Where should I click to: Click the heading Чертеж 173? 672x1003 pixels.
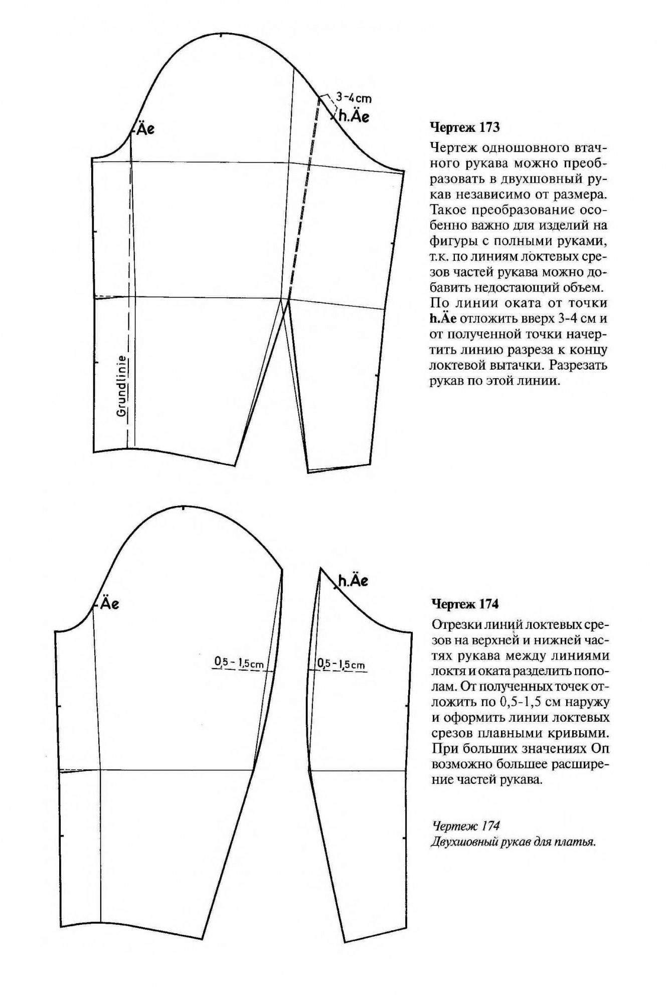[x=465, y=127]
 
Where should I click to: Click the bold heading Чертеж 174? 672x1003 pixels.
[x=465, y=604]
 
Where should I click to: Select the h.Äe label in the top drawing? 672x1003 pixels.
[x=354, y=117]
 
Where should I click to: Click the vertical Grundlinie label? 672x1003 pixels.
[x=121, y=386]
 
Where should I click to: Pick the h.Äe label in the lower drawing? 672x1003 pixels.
[x=353, y=581]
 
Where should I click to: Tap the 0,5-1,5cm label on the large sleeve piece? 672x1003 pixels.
[x=239, y=663]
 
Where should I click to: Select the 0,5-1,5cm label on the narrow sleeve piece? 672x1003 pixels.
[x=341, y=665]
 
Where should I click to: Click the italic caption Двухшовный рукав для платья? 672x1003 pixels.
[x=513, y=842]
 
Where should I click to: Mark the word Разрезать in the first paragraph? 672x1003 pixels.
[x=578, y=365]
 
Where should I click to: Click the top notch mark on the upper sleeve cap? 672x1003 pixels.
[x=221, y=35]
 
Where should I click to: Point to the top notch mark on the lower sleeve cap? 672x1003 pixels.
[x=184, y=508]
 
